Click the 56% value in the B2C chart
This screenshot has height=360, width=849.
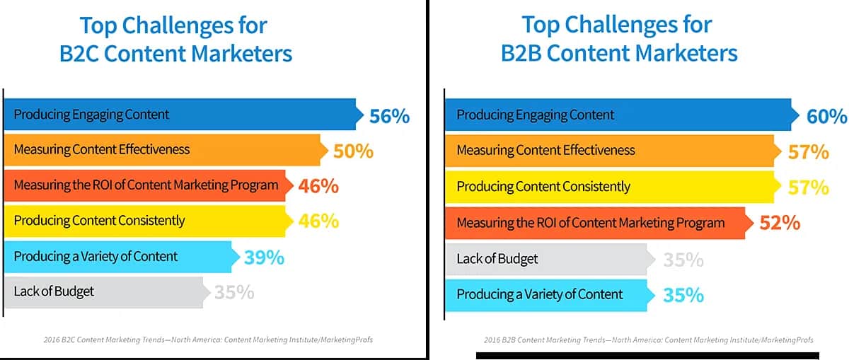[x=389, y=116]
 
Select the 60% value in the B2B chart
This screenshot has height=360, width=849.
[x=826, y=116]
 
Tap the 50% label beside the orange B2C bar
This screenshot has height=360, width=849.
[x=353, y=151]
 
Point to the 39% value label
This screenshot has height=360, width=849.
[x=264, y=258]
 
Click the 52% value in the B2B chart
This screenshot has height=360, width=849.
[x=780, y=223]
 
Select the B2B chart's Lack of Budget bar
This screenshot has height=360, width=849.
[x=550, y=259]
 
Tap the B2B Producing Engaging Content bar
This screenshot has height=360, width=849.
[x=623, y=115]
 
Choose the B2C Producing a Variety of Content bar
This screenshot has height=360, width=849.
[x=122, y=257]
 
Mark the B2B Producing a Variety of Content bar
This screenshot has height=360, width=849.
[x=550, y=295]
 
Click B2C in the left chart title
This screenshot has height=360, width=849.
[x=79, y=54]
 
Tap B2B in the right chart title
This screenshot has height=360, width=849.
[x=521, y=53]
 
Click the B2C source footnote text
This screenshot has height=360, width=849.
[x=208, y=339]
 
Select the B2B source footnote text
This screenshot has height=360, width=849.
[x=649, y=340]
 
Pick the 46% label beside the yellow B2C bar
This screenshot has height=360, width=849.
[x=319, y=221]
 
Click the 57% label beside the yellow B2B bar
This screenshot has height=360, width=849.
[x=809, y=187]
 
